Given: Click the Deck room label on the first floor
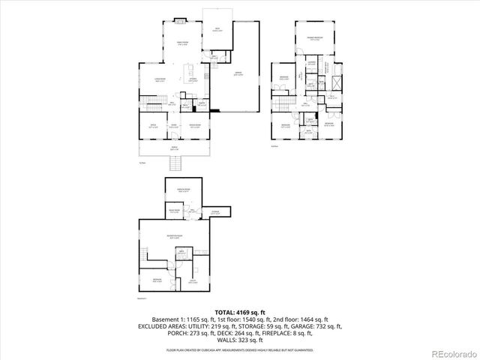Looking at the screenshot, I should pyautogui.click(x=217, y=30).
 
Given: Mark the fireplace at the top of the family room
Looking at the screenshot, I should pyautogui.click(x=179, y=20).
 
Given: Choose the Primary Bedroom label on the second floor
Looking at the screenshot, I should pyautogui.click(x=313, y=37).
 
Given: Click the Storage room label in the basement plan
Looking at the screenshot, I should pyautogui.click(x=215, y=211).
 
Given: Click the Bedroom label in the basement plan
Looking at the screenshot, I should pyautogui.click(x=157, y=280).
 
